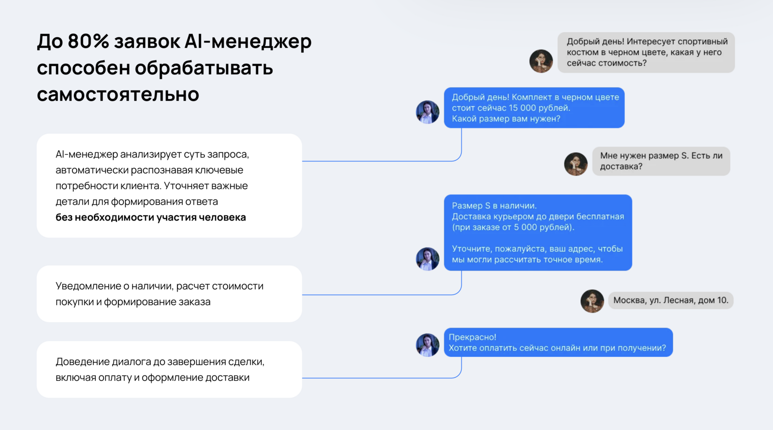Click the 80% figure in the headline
pyautogui.click(x=88, y=41)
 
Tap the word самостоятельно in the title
pyautogui.click(x=118, y=95)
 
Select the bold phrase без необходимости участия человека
pyautogui.click(x=150, y=217)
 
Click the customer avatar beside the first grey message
pyautogui.click(x=541, y=61)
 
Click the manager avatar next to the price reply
pyautogui.click(x=427, y=112)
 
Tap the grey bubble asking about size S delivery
pyautogui.click(x=661, y=161)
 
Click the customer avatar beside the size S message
pyautogui.click(x=576, y=164)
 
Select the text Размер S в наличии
pyautogui.click(x=494, y=206)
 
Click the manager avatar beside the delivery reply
pyautogui.click(x=427, y=259)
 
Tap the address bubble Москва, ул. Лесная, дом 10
pyautogui.click(x=670, y=300)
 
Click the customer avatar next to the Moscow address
pyautogui.click(x=592, y=301)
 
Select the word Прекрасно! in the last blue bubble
pyautogui.click(x=472, y=337)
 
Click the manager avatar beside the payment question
pyautogui.click(x=427, y=345)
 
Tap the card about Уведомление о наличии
pyautogui.click(x=169, y=294)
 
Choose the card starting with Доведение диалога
pyautogui.click(x=169, y=369)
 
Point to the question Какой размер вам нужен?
pyautogui.click(x=506, y=119)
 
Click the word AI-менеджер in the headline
pyautogui.click(x=248, y=41)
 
